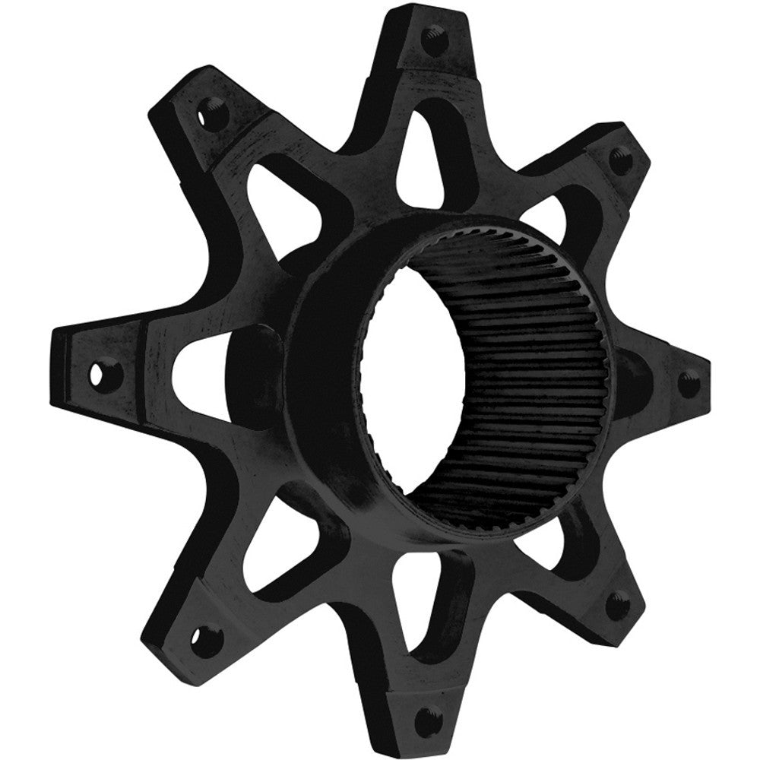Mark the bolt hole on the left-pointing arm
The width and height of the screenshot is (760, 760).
pos(97,373)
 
